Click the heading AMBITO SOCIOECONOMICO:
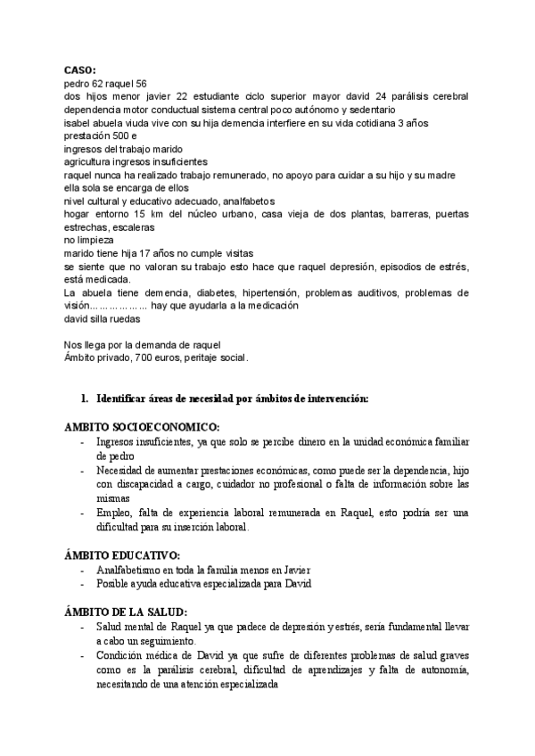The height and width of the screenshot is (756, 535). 142,426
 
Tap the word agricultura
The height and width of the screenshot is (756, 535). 91,162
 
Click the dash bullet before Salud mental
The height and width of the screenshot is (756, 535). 83,628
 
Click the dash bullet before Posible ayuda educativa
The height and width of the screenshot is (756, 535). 83,584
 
